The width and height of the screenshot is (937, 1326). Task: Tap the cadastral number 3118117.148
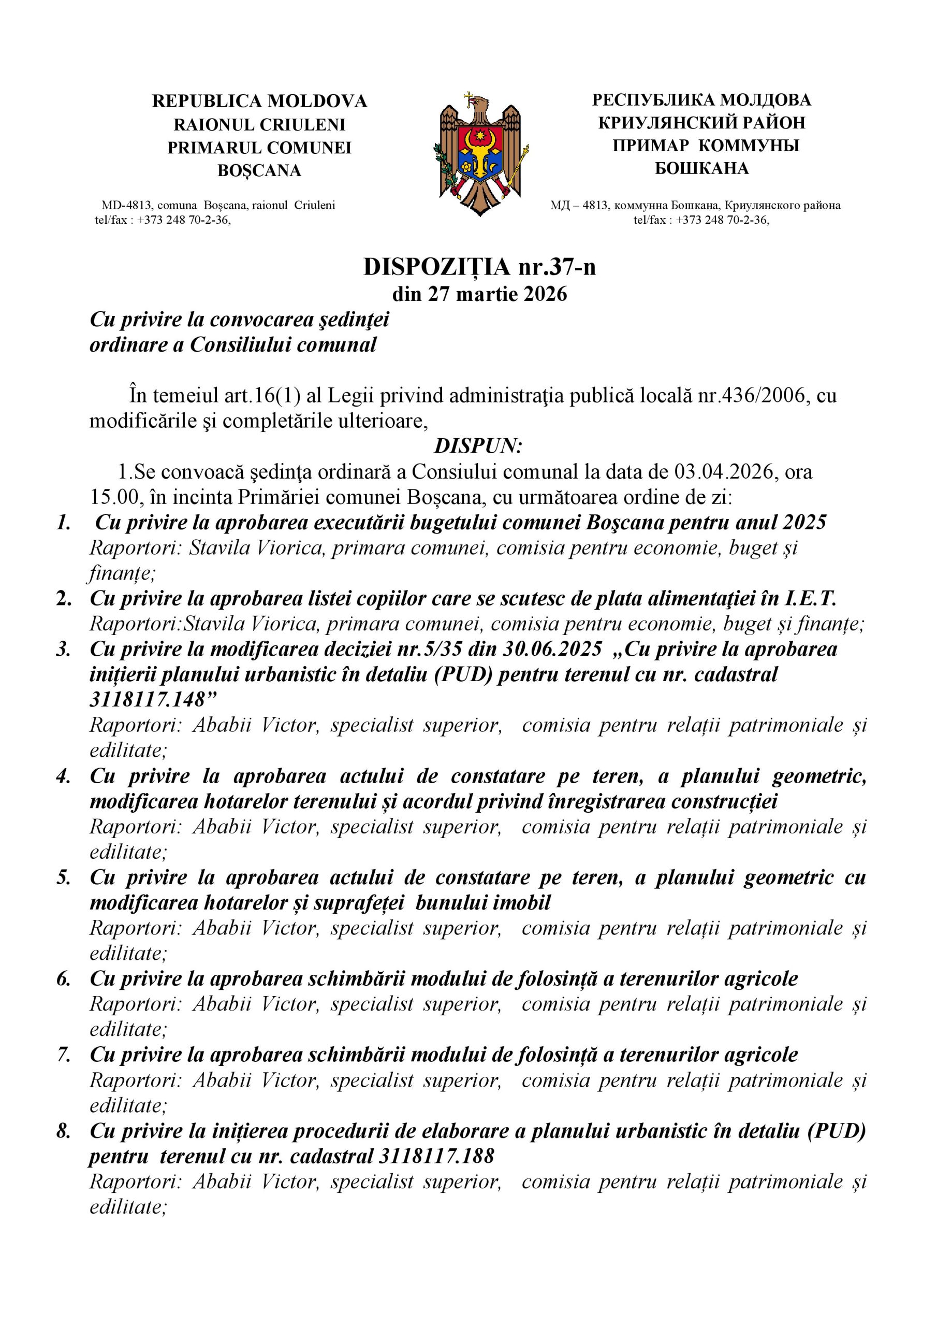147,700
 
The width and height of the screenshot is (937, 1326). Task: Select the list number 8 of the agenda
64,1131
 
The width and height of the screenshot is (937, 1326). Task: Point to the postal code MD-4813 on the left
126,205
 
